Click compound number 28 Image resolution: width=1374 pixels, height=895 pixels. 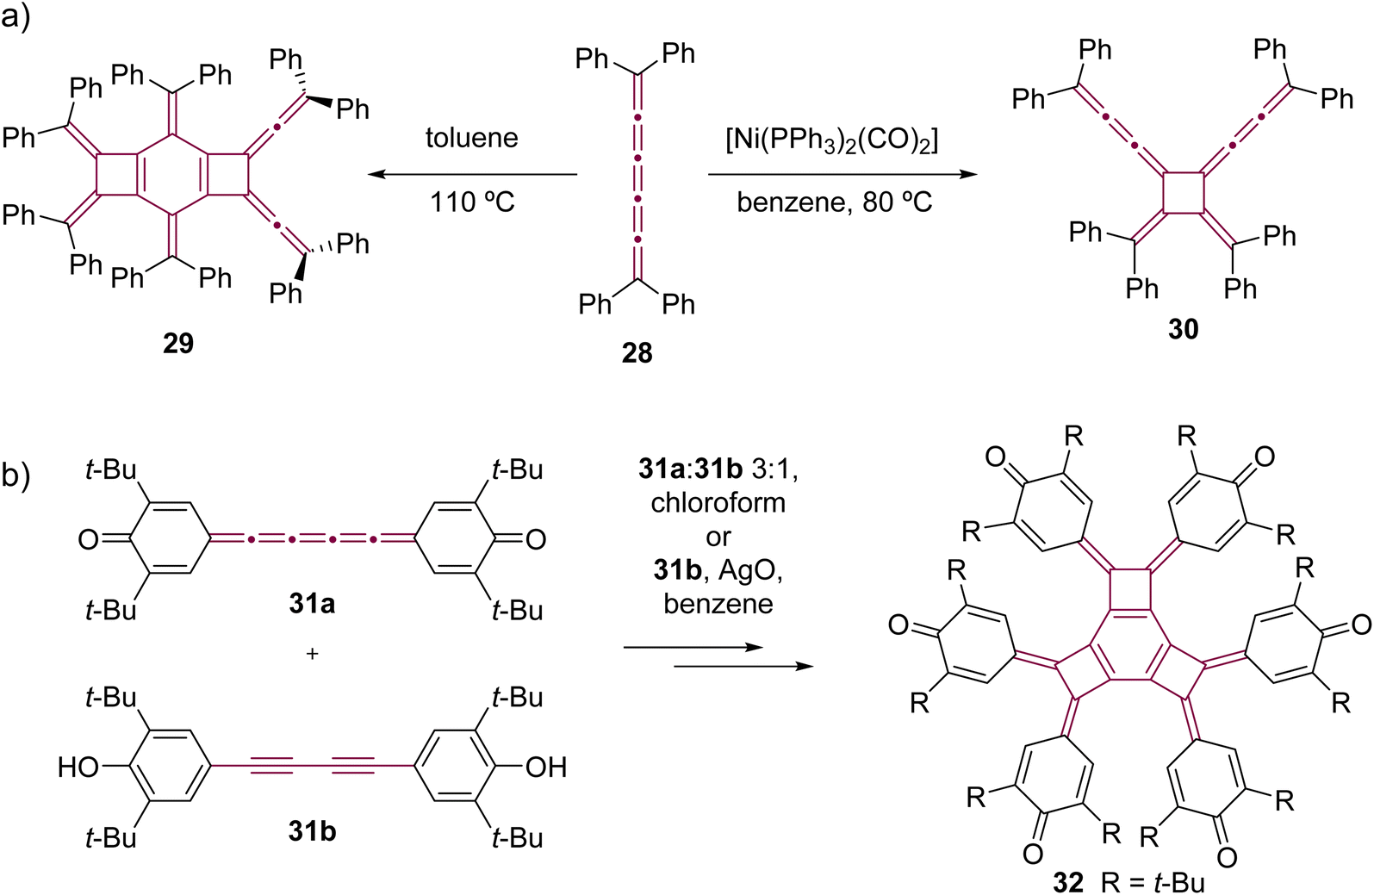click(x=637, y=353)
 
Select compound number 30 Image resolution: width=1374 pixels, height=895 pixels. click(x=1184, y=329)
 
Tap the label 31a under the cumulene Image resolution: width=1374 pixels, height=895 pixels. click(x=312, y=604)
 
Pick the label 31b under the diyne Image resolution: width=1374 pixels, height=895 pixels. click(x=312, y=832)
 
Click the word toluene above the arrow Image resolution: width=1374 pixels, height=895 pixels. click(x=472, y=138)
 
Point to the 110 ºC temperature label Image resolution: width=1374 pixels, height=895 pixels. click(x=472, y=202)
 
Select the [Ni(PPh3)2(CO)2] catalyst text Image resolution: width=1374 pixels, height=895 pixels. click(x=832, y=141)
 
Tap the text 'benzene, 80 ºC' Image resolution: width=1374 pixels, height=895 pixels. click(x=834, y=202)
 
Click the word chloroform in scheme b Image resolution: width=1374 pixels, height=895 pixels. click(x=718, y=502)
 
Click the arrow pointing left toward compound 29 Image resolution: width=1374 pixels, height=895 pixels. click(x=473, y=175)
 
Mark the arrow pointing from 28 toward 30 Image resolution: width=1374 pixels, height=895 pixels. click(x=842, y=175)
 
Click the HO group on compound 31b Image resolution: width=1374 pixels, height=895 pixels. click(x=78, y=767)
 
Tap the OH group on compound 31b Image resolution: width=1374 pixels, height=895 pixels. click(x=546, y=767)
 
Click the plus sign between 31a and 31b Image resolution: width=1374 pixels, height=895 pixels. click(x=312, y=654)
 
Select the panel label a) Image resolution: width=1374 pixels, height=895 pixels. click(x=16, y=16)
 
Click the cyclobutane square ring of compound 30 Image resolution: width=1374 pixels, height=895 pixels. click(x=1184, y=193)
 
